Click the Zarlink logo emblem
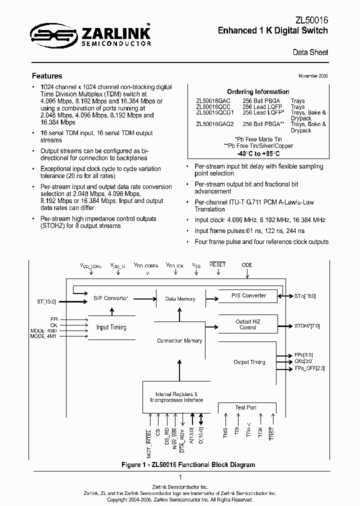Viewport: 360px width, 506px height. pos(49,34)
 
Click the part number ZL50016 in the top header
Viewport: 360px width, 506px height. pos(311,19)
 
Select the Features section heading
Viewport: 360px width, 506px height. pos(47,76)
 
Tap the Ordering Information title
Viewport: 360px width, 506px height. pos(258,91)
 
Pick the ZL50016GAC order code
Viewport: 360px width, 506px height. pos(213,100)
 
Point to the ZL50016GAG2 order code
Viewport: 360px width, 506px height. pos(214,124)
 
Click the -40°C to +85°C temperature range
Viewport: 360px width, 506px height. pos(258,153)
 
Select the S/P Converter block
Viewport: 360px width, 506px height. pos(110,298)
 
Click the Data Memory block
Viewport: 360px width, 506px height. pos(180,299)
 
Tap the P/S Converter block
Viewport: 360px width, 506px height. pos(248,295)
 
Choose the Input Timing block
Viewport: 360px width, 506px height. pos(111,327)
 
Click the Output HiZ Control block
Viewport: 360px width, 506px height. pos(247,324)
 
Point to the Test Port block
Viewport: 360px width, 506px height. pos(246,407)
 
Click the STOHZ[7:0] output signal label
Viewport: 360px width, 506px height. pos(307,326)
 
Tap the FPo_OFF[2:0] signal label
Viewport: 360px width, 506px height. pos(310,368)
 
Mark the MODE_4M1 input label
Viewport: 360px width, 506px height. pos(44,336)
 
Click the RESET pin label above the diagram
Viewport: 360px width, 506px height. pos(217,265)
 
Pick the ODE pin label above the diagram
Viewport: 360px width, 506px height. pos(247,265)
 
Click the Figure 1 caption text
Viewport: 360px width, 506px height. pos(188,464)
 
